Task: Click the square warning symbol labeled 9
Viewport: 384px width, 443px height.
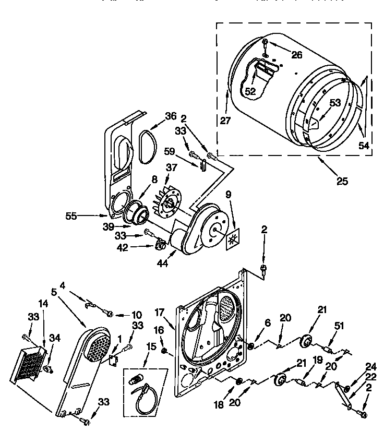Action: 232,238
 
